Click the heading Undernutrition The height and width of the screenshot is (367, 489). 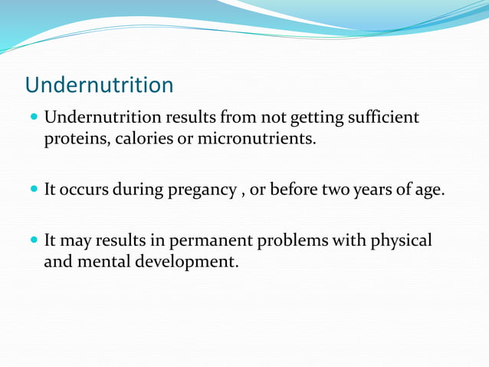coord(100,84)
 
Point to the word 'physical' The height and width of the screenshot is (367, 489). coord(402,240)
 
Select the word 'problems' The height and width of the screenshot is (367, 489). coord(294,240)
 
